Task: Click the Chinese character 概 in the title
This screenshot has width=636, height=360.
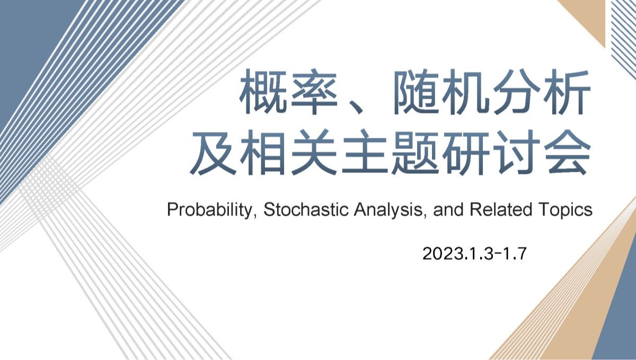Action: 263,92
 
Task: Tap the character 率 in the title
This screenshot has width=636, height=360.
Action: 314,92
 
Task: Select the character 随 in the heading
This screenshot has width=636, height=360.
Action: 416,92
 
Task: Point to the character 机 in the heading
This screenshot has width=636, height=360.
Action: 466,92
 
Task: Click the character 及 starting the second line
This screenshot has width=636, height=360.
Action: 213,152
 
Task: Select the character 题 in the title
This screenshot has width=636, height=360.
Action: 416,152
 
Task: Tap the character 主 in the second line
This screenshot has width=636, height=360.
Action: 365,152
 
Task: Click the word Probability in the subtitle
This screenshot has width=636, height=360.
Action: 210,210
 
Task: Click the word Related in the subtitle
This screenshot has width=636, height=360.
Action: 501,210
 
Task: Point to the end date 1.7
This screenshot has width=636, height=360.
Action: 515,253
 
